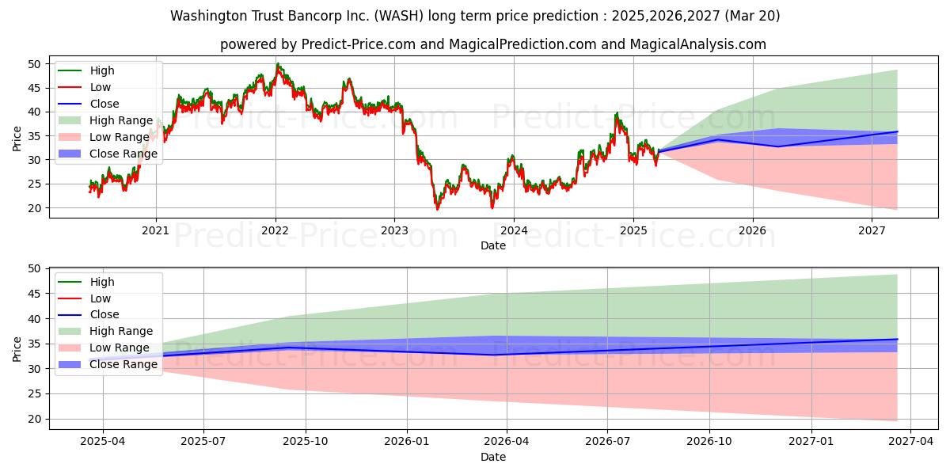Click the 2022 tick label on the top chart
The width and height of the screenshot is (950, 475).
point(275,230)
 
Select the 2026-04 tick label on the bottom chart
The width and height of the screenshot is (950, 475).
point(507,442)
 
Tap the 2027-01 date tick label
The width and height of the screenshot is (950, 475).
point(811,442)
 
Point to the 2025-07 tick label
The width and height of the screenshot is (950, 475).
point(203,442)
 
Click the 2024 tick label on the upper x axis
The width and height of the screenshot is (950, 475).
point(514,230)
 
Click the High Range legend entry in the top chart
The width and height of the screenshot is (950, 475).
point(105,120)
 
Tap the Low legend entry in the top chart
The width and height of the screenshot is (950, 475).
point(84,87)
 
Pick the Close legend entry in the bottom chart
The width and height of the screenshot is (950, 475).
point(88,315)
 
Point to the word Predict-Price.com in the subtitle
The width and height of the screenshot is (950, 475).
point(359,44)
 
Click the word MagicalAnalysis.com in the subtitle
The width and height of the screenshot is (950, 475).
point(698,44)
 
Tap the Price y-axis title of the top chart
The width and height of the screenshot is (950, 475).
point(17,139)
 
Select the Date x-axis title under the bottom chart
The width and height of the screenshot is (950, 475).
point(493,457)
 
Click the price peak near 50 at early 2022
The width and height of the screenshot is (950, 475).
point(277,63)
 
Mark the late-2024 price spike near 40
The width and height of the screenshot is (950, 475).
point(617,113)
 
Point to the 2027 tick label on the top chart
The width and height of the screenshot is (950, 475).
point(872,230)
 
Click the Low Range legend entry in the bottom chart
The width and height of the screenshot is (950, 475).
point(104,348)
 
